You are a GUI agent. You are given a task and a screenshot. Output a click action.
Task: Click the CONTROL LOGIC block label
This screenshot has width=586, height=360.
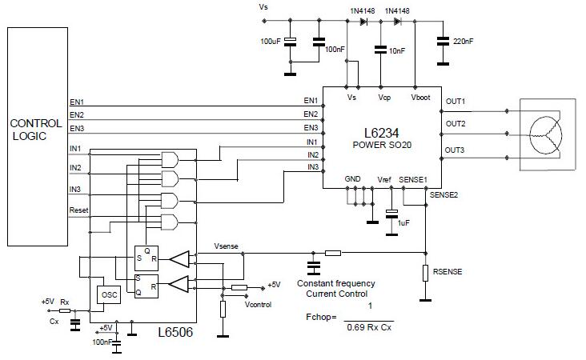point(36,130)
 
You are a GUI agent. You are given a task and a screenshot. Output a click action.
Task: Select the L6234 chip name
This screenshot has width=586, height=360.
point(381,133)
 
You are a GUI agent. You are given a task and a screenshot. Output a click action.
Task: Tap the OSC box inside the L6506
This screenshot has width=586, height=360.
point(109,294)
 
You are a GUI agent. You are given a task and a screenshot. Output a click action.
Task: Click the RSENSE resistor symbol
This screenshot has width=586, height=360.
point(425,273)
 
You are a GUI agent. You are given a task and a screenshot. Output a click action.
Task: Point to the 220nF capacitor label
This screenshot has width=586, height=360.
point(463,42)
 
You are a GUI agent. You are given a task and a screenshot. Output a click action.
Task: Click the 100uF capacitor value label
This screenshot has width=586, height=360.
point(271,42)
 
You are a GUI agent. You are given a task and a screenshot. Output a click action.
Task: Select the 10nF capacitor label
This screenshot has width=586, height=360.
point(397,50)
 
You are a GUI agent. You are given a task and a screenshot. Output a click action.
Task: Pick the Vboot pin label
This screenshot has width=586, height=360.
point(420,98)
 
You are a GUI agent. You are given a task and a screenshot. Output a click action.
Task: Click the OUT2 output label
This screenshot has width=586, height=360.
point(456,124)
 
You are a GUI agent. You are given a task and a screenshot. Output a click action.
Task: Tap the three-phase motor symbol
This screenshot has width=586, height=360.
point(545,135)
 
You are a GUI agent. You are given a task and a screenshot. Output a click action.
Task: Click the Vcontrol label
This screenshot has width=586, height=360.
point(258,304)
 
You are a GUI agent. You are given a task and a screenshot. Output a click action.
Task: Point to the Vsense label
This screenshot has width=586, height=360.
point(226,246)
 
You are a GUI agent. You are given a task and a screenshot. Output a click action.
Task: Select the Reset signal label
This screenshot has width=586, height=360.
point(79,210)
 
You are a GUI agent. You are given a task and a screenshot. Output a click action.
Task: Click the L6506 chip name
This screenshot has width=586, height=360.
point(175,332)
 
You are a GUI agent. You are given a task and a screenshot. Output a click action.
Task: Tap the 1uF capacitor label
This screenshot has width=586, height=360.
point(403,223)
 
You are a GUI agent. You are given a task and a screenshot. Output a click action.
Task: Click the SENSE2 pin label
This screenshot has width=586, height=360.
point(444,195)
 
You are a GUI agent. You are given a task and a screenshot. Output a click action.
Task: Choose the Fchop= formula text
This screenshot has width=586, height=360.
point(321,317)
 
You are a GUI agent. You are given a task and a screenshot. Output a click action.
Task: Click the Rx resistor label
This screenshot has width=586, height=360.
point(65,302)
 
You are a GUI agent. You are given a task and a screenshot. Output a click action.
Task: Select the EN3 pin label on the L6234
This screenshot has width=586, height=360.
point(311,128)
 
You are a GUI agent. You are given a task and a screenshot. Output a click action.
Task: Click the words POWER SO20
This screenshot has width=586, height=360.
point(382,145)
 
